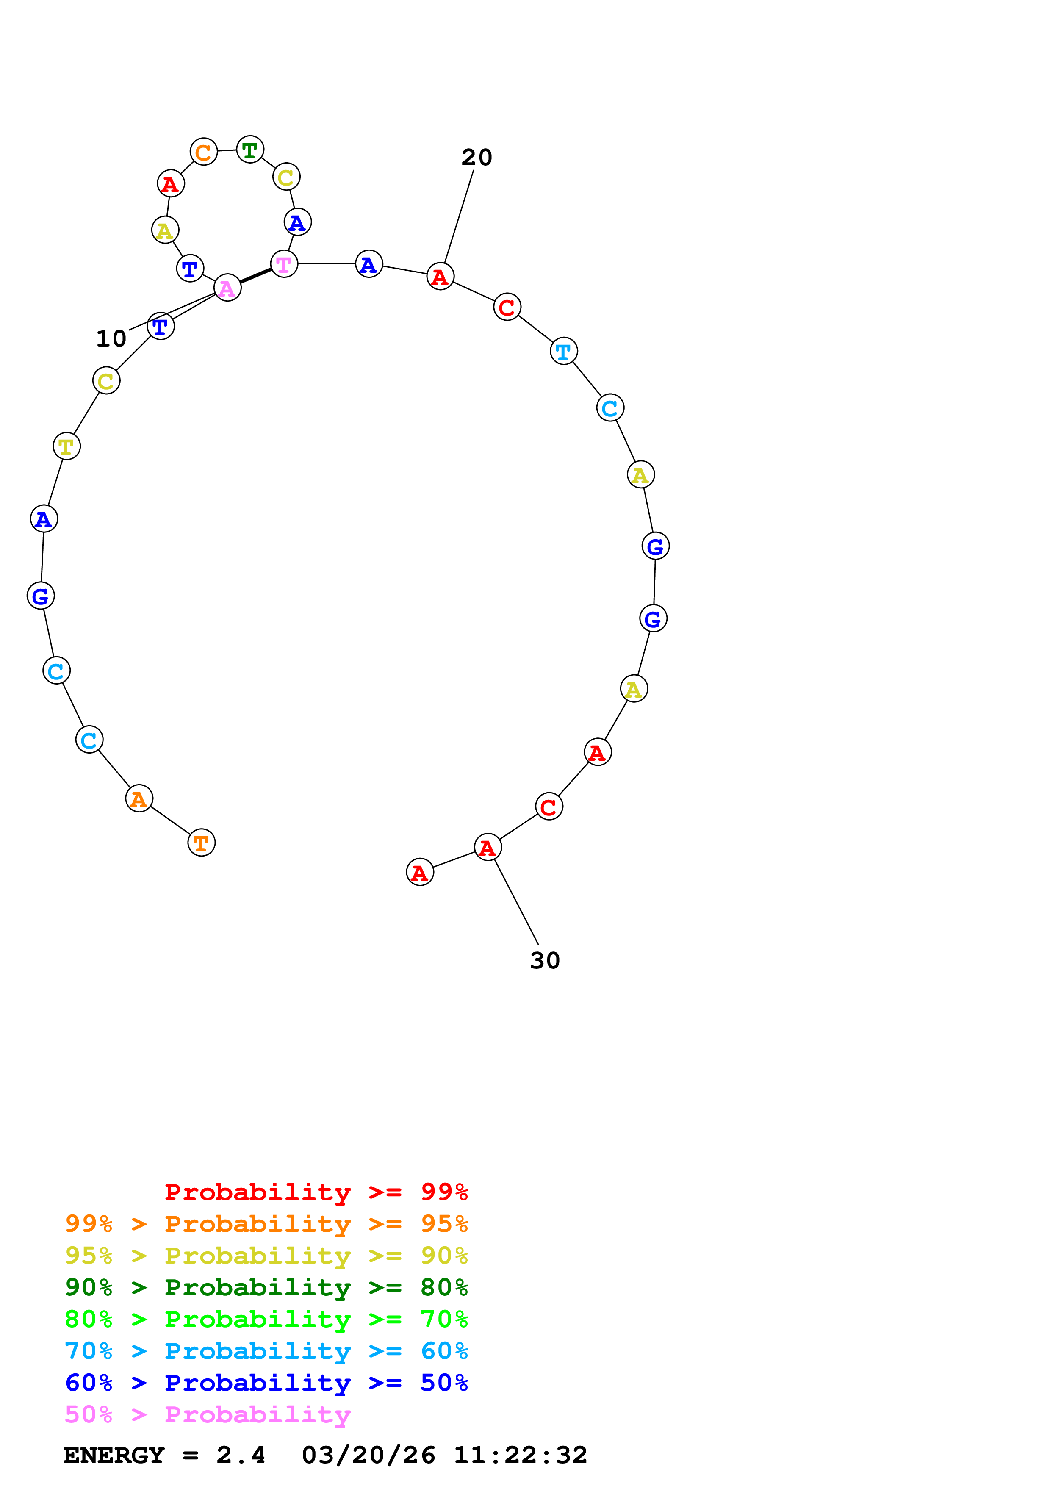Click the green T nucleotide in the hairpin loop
[x=250, y=150]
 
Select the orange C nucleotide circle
[x=204, y=152]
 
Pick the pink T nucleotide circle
[x=284, y=264]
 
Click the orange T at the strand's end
[x=201, y=843]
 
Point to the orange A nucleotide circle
[x=139, y=798]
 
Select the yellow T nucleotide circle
[x=66, y=446]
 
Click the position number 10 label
[x=111, y=338]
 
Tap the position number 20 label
[x=477, y=157]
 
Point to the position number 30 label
[x=545, y=960]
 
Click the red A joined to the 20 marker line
[x=441, y=277]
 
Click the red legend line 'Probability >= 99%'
[x=316, y=1192]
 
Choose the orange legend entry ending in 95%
[x=266, y=1223]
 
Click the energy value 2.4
[x=241, y=1455]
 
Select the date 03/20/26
[x=368, y=1455]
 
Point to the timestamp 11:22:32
[x=520, y=1455]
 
